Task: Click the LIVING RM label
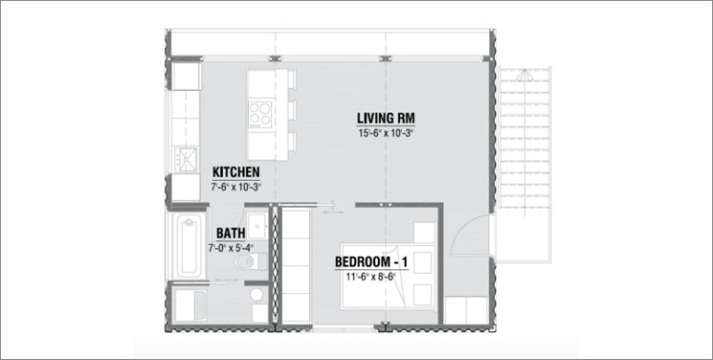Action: click(385, 119)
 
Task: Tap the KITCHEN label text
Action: click(236, 173)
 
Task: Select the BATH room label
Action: click(231, 233)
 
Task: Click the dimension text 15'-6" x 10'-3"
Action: click(385, 134)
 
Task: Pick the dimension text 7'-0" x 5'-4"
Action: click(230, 248)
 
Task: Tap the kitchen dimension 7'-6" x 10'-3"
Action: click(236, 186)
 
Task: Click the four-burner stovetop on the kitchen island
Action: click(260, 113)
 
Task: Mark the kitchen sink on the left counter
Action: click(187, 159)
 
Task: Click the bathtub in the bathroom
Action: click(188, 246)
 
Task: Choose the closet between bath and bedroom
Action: click(294, 267)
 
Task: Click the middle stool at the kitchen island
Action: click(291, 111)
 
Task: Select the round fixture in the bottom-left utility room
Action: click(256, 295)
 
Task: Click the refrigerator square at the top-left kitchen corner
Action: click(187, 76)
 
